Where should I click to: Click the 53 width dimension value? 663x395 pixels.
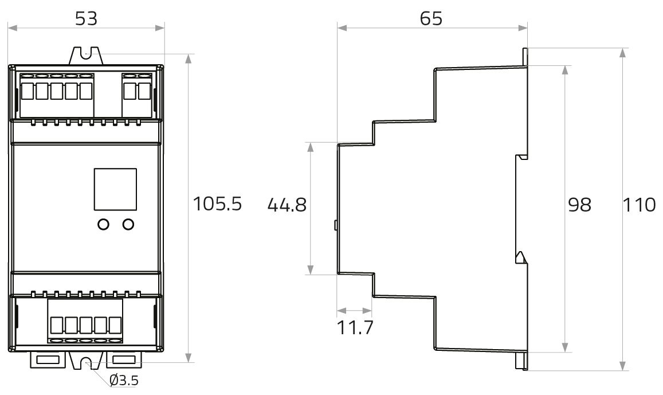(x=87, y=18)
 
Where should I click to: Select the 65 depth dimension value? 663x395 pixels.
(x=431, y=18)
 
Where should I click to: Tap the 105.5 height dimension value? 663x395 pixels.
(x=217, y=204)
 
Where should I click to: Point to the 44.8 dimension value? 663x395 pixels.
(x=287, y=205)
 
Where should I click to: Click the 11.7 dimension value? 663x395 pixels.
(x=355, y=327)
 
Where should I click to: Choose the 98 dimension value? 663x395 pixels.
(x=579, y=205)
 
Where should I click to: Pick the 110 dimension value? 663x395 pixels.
(x=639, y=205)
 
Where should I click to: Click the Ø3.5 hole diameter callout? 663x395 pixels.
(x=124, y=380)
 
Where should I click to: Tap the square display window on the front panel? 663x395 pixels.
(x=115, y=189)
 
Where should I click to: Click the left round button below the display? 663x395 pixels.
(x=103, y=224)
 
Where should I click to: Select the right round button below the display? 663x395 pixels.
(x=128, y=224)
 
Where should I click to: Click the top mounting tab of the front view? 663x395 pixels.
(x=87, y=56)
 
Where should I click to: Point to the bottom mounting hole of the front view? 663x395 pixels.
(x=87, y=363)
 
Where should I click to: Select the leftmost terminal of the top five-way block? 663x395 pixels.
(x=26, y=91)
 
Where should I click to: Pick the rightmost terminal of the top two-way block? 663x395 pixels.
(x=144, y=91)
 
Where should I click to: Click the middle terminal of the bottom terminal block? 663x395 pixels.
(x=85, y=325)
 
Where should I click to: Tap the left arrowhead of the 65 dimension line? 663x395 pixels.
(x=342, y=28)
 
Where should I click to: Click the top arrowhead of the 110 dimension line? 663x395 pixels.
(x=622, y=53)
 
